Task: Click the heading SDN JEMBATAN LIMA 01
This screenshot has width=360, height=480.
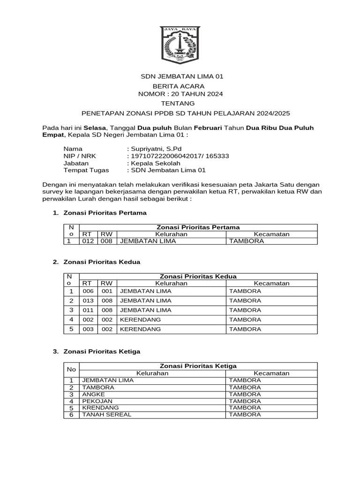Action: click(x=180, y=76)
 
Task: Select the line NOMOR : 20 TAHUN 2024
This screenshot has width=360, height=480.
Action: click(x=180, y=94)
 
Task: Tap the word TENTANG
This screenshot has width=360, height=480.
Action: click(x=180, y=103)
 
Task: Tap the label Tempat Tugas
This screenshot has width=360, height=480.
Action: click(x=86, y=170)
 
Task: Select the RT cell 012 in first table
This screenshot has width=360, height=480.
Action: click(x=88, y=241)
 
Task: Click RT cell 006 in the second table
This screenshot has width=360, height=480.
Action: click(x=88, y=291)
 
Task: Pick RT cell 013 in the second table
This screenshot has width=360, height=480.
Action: click(x=88, y=300)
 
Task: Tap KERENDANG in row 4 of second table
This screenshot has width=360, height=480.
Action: click(x=141, y=319)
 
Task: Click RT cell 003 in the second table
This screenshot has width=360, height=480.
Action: click(x=88, y=329)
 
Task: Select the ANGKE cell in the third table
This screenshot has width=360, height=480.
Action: click(x=93, y=394)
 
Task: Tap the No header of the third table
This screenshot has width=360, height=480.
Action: click(x=71, y=369)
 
